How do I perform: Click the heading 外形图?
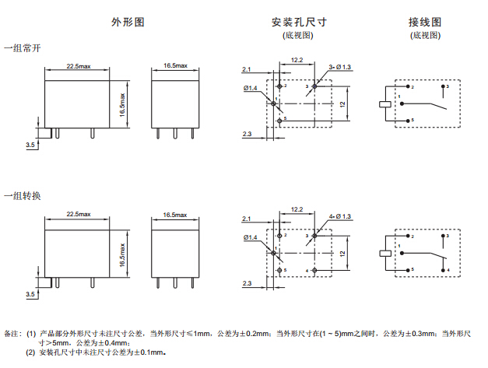click(128, 22)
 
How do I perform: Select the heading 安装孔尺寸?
click(298, 22)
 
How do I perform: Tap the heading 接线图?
click(424, 22)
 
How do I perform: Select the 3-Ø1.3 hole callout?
click(340, 68)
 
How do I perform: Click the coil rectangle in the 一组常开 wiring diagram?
click(384, 103)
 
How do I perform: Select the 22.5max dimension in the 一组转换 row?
click(79, 214)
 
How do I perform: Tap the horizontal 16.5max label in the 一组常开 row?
click(175, 66)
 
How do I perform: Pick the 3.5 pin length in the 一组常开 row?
click(30, 145)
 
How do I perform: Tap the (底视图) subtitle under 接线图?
click(424, 35)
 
